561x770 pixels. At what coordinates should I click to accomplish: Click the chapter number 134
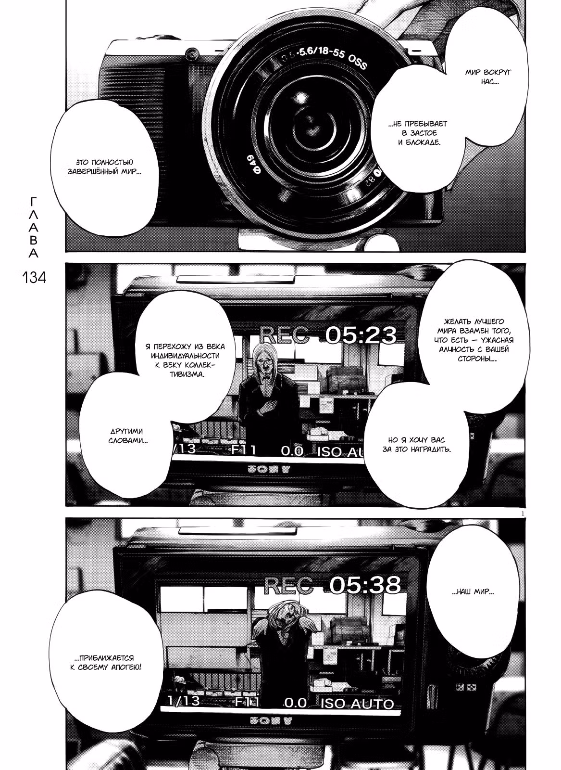click(x=34, y=277)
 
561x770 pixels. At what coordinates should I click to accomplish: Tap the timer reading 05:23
click(x=361, y=335)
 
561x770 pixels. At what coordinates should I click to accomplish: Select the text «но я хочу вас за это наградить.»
click(x=416, y=445)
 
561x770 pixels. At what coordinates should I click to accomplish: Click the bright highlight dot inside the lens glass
click(x=301, y=96)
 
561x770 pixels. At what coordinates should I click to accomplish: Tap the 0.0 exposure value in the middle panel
click(x=292, y=451)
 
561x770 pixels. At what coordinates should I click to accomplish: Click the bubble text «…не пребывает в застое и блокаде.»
click(x=419, y=133)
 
